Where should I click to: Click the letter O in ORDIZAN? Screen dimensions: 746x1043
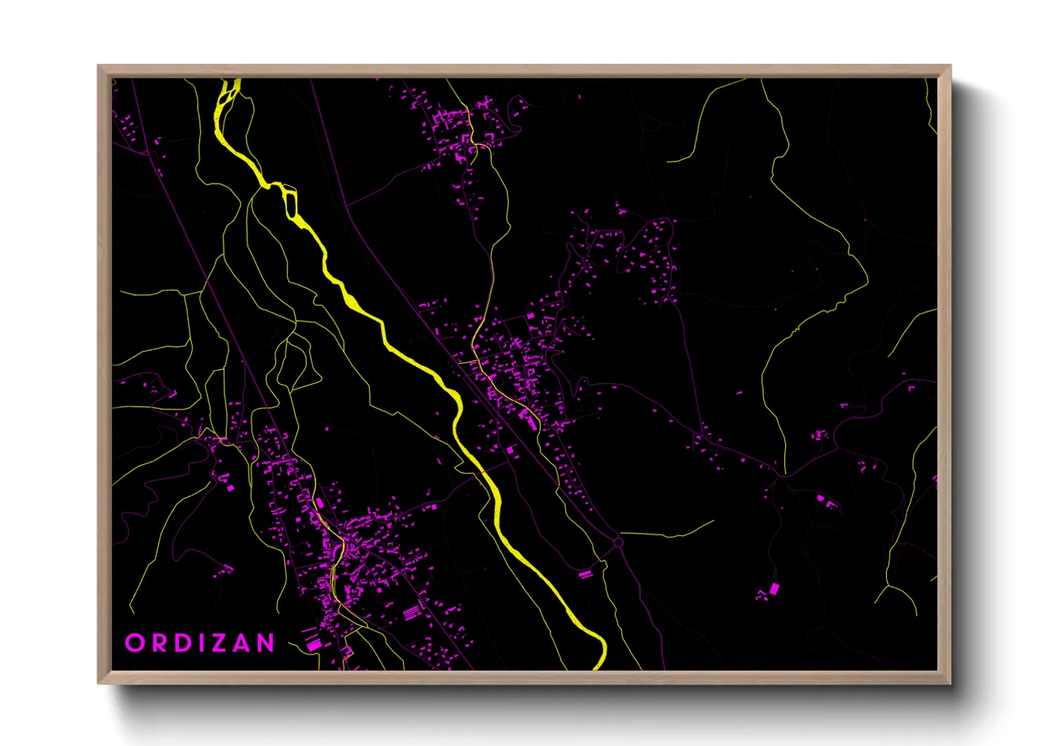134,643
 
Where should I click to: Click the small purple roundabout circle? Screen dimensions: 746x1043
618,542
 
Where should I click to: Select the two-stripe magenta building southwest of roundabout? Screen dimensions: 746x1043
585,575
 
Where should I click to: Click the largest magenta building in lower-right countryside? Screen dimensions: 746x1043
774,588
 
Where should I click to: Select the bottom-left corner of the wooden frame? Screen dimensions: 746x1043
99,682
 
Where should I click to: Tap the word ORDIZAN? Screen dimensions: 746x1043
200,643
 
